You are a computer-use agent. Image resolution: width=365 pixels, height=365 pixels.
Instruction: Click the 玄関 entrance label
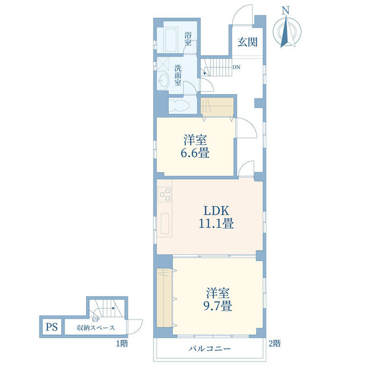tap(247, 42)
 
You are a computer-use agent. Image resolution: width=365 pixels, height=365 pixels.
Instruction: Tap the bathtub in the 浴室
tap(171, 40)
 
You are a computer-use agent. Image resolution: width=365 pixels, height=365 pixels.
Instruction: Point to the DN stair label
tap(236, 67)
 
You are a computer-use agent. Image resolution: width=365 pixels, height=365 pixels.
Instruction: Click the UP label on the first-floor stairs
tap(96, 320)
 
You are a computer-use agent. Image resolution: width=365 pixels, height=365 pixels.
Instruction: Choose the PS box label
tap(51, 327)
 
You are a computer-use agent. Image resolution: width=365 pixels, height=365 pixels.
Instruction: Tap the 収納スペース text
tap(96, 328)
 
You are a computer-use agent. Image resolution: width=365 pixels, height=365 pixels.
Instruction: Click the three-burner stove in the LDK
tap(164, 194)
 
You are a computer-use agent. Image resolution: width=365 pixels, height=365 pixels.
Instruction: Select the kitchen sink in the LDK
tap(165, 224)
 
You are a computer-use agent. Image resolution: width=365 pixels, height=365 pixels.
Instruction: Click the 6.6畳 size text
tap(195, 153)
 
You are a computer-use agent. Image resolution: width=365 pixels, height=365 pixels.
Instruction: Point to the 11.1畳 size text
tap(216, 223)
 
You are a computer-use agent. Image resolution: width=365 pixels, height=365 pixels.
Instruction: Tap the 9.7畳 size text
tap(218, 306)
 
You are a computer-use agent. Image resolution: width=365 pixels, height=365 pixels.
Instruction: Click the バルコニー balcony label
tap(209, 348)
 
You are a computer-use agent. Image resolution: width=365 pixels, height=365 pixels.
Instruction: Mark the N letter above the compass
tap(286, 10)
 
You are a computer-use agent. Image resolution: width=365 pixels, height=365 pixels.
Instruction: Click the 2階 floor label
tap(275, 343)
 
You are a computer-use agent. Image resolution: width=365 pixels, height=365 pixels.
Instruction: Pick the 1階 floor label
tap(122, 343)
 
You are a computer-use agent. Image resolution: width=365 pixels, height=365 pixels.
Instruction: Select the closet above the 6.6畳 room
tap(217, 107)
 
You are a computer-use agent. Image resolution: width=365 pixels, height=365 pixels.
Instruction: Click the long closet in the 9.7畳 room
tap(164, 298)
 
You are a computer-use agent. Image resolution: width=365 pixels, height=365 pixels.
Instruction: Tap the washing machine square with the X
tap(163, 63)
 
